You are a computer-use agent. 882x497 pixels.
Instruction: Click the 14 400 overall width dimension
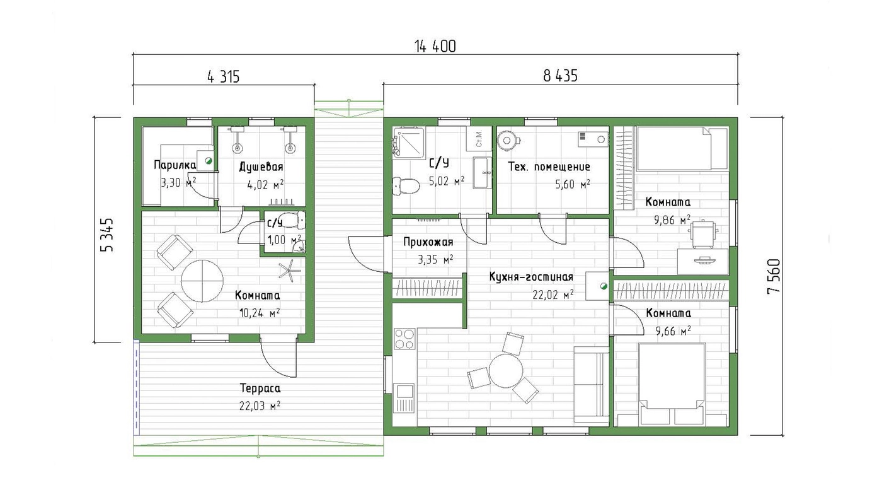[x=435, y=47]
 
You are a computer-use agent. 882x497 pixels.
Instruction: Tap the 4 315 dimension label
[x=223, y=76]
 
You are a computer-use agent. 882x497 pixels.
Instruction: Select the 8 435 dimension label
[x=560, y=76]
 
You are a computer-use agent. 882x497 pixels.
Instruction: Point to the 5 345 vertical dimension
[x=106, y=235]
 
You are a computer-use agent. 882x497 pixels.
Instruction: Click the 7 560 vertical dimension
[x=774, y=276]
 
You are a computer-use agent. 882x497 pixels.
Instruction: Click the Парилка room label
[x=175, y=165]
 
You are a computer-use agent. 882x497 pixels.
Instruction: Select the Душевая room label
[x=261, y=167]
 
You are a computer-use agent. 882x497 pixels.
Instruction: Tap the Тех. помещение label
[x=549, y=167]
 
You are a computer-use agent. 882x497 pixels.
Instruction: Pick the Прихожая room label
[x=428, y=242]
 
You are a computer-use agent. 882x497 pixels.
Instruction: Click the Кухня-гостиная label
[x=531, y=277]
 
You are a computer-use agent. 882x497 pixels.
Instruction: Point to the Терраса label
[x=260, y=389]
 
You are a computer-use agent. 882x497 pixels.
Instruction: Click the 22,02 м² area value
[x=553, y=295]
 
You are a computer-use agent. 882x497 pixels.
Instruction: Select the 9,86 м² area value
[x=672, y=219]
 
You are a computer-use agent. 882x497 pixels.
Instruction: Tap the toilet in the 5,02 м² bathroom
[x=406, y=186]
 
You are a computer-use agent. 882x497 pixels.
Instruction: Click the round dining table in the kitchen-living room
[x=506, y=371]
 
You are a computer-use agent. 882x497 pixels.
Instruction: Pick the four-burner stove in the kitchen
[x=404, y=339]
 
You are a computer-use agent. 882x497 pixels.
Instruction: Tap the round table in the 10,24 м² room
[x=202, y=281]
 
